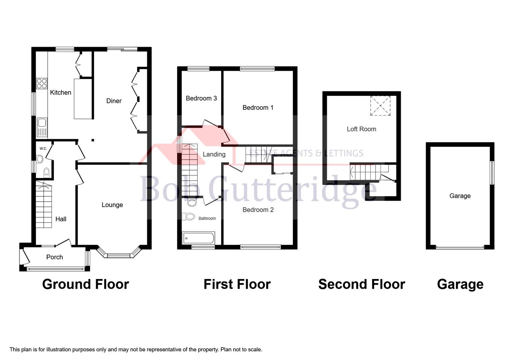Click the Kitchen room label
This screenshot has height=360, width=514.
[x=60, y=92]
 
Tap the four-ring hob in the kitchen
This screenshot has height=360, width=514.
[x=42, y=83]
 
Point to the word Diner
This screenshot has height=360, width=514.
[x=114, y=101]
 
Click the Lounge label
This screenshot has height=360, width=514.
[x=112, y=205]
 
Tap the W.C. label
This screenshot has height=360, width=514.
[x=43, y=148]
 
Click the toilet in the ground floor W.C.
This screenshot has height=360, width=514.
[x=47, y=172]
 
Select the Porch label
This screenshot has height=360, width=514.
[x=54, y=257]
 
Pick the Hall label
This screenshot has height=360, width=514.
[x=61, y=219]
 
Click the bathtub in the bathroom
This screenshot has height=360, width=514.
[x=198, y=238]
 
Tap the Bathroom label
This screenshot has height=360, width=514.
[x=207, y=218]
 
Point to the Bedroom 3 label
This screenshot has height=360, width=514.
[x=201, y=98]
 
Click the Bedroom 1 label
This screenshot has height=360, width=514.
[x=258, y=107]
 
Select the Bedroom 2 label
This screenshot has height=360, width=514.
[x=258, y=210]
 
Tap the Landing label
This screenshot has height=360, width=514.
[x=214, y=154]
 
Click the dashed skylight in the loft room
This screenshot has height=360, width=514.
[x=380, y=106]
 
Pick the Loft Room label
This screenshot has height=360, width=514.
[x=361, y=129]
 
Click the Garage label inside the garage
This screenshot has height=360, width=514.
[x=460, y=196]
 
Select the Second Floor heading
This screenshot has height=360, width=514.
[x=361, y=284]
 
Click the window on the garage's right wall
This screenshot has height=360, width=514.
[x=492, y=173]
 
